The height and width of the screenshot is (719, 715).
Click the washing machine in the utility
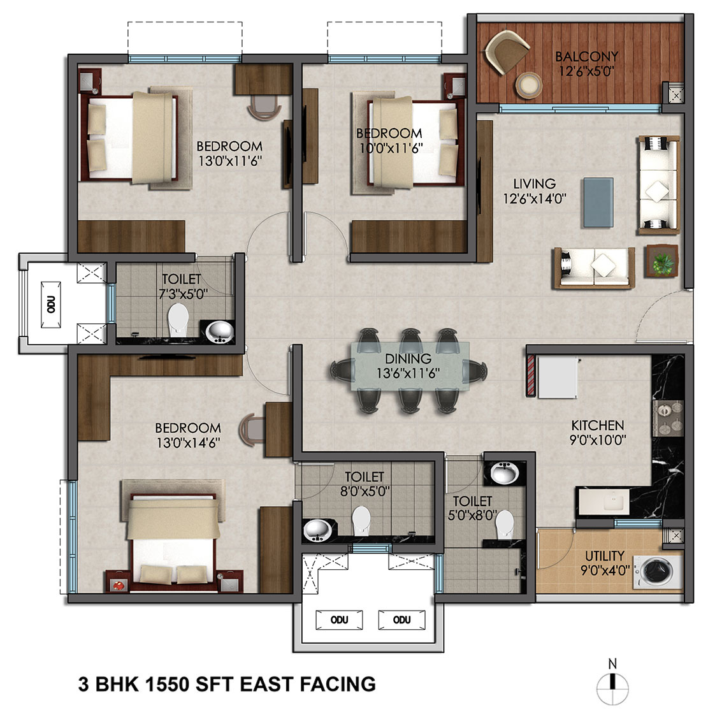click(656, 571)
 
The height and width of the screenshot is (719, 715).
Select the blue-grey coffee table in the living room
click(598, 203)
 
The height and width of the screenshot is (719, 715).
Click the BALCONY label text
click(587, 56)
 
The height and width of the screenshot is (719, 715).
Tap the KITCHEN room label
click(598, 425)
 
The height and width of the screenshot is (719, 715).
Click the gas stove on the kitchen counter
click(668, 418)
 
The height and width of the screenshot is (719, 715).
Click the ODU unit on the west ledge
click(51, 305)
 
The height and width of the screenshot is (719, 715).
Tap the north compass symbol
click(612, 683)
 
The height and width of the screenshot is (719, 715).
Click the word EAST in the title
click(266, 684)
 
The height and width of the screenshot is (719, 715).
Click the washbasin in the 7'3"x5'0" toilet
click(220, 331)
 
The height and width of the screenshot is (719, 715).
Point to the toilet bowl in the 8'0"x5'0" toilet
click(361, 520)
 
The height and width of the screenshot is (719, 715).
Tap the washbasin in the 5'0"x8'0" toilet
click(504, 473)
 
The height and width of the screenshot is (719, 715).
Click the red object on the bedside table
click(119, 586)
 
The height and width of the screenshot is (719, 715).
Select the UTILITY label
click(605, 556)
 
